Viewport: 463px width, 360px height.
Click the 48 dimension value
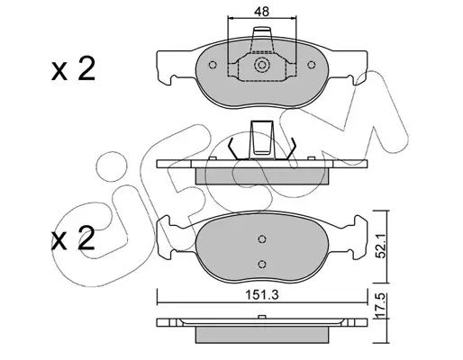click(261, 12)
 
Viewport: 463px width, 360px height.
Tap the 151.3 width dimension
click(262, 295)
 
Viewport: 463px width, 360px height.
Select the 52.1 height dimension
click(381, 247)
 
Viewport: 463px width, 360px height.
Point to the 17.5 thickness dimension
click(381, 304)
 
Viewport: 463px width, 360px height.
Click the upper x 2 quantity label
click(73, 69)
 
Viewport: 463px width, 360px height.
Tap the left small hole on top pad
click(213, 65)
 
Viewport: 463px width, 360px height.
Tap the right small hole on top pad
click(312, 65)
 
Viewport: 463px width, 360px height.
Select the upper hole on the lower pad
click(262, 238)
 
